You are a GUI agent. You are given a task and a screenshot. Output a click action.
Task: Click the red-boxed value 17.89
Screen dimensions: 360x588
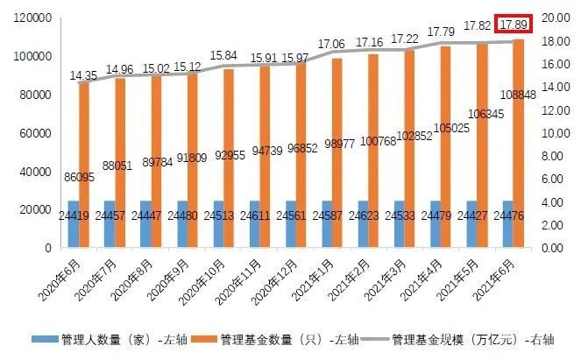513,25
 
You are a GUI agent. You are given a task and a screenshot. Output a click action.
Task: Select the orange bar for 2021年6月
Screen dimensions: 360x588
519,140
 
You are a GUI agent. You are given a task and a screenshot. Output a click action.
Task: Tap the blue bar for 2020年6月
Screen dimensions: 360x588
72,225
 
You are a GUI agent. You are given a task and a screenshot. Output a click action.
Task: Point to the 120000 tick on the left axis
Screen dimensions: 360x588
32,18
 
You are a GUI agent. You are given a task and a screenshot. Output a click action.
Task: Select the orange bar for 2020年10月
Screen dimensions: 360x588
229,158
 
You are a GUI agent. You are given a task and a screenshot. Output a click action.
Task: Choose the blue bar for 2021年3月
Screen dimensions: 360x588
399,225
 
